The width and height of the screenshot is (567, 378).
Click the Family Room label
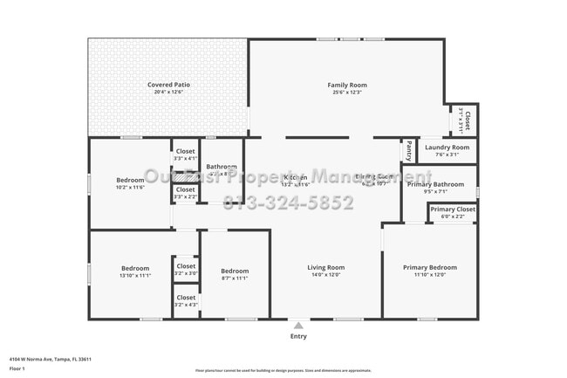(x=346, y=86)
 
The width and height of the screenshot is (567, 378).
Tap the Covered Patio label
(x=168, y=86)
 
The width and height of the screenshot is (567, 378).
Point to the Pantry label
(x=407, y=151)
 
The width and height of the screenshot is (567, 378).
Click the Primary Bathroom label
(x=436, y=184)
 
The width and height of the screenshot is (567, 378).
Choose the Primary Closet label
(x=453, y=210)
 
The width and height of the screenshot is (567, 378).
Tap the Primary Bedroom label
(x=429, y=268)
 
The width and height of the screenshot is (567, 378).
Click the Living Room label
(x=325, y=268)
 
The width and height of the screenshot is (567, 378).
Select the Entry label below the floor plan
(x=298, y=336)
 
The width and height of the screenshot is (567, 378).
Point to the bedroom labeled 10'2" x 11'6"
(x=130, y=181)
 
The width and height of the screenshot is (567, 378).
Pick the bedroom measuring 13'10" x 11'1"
(x=135, y=269)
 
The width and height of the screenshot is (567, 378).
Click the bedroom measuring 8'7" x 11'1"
(x=235, y=271)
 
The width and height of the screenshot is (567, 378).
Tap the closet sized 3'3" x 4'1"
(x=185, y=152)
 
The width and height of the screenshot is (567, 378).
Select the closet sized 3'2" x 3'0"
(x=186, y=267)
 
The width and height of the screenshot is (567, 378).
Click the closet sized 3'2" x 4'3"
(x=186, y=298)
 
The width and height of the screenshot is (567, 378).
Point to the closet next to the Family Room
(x=468, y=120)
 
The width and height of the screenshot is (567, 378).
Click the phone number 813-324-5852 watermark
(x=289, y=203)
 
